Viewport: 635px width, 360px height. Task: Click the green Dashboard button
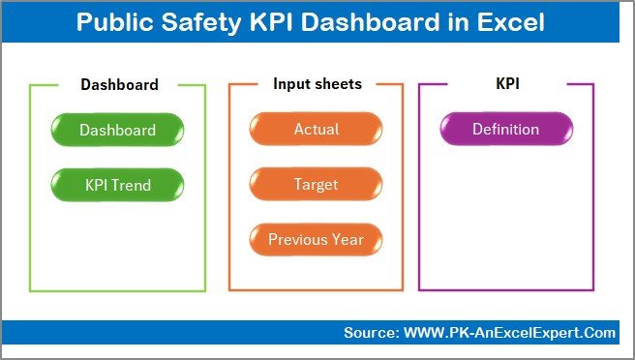(x=117, y=130)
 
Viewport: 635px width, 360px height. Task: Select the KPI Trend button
(x=117, y=184)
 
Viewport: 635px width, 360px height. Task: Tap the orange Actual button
(x=316, y=130)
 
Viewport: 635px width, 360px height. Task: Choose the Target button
(x=316, y=184)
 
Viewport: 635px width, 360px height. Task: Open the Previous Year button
(x=316, y=239)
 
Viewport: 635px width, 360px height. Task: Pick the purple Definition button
(x=505, y=130)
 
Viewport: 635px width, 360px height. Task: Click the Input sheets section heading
(x=317, y=84)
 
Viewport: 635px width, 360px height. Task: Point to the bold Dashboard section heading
(x=119, y=84)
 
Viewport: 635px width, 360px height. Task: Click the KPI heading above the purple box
(x=507, y=84)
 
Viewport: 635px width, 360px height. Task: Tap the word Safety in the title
(x=199, y=22)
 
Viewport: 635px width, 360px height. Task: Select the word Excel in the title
(x=511, y=22)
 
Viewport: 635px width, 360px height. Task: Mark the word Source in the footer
(x=368, y=333)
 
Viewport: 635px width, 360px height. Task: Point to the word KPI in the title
(x=266, y=22)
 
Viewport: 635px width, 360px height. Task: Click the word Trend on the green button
(x=134, y=184)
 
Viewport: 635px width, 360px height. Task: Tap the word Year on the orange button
(x=347, y=239)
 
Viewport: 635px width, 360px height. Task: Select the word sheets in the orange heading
(x=339, y=84)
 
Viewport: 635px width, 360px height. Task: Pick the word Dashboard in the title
(x=366, y=22)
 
